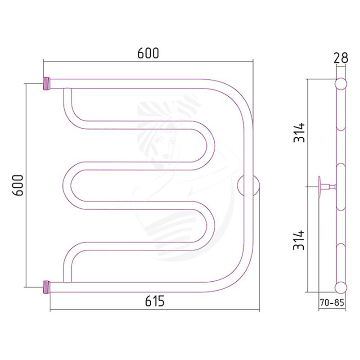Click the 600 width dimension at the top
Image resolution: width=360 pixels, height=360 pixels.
(148, 53)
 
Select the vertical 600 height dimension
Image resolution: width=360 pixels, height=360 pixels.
(18, 185)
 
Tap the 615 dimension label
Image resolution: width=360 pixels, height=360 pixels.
(155, 301)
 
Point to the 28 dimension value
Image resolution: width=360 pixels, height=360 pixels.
(341, 58)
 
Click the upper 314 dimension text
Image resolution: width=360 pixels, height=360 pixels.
(299, 132)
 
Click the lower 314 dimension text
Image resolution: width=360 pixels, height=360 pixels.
(299, 240)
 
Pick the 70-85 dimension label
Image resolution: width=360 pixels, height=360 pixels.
(332, 303)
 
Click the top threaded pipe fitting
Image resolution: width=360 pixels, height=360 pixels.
(47, 84)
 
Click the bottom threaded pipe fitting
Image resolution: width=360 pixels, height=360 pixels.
(47, 287)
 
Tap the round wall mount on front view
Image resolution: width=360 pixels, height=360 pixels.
(248, 186)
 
